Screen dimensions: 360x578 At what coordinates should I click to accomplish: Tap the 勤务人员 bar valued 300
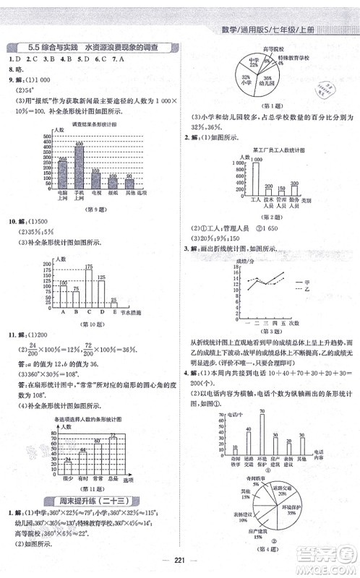pos(294,191)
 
